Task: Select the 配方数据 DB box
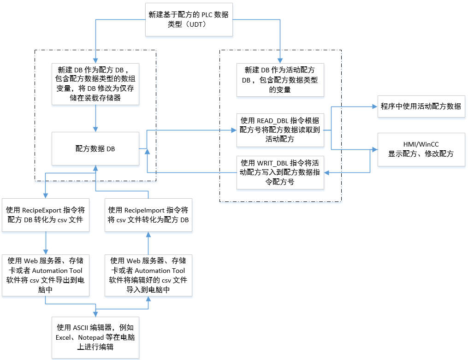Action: point(95,149)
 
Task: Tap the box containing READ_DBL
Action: point(280,130)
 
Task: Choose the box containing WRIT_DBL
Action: point(280,172)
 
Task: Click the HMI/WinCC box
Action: point(421,149)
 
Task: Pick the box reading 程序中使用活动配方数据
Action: point(421,106)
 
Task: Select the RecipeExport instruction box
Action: point(46,215)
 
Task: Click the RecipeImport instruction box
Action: point(148,215)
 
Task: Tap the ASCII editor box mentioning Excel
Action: point(95,337)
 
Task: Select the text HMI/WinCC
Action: point(421,145)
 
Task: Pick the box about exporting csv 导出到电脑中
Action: point(46,275)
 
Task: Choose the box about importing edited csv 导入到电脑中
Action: point(148,275)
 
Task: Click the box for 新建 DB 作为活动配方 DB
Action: point(280,80)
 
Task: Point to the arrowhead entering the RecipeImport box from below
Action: point(148,234)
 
